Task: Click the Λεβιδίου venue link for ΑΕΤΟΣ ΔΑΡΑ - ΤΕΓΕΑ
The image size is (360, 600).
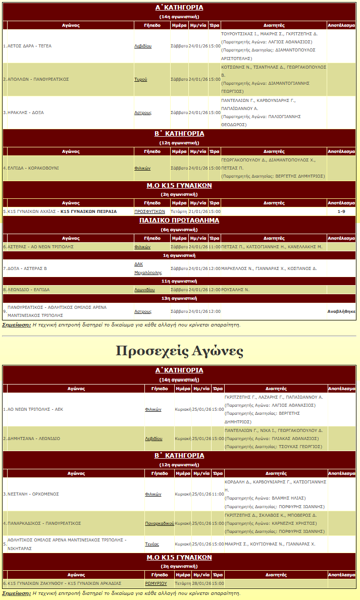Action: (x=143, y=46)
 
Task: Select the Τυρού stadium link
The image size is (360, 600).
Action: (x=140, y=79)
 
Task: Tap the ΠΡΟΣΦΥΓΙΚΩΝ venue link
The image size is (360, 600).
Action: (x=149, y=211)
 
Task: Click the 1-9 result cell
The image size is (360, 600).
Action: (x=341, y=211)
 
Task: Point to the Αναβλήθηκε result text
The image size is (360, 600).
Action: (x=341, y=311)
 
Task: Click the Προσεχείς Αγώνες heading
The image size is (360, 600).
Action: (x=180, y=351)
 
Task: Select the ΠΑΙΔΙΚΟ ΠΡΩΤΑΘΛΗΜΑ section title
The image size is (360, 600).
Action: (x=179, y=221)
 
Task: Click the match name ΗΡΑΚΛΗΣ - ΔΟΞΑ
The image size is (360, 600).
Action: (x=26, y=113)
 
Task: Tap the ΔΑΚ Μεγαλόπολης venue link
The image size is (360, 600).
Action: (x=144, y=268)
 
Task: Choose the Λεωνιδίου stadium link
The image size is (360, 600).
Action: (x=144, y=290)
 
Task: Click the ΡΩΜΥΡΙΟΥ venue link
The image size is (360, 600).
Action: (x=156, y=583)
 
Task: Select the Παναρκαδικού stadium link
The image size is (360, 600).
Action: (x=159, y=523)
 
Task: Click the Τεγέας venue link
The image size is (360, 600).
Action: (x=152, y=544)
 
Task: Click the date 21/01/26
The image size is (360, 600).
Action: (x=198, y=211)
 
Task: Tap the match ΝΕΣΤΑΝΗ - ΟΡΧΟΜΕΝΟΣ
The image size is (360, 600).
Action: (x=33, y=494)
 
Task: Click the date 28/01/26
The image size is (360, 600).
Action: (x=201, y=583)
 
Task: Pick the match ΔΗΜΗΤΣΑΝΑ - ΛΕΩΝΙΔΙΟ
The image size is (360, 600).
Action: (x=34, y=439)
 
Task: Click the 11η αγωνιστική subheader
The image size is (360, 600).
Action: (x=179, y=281)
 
